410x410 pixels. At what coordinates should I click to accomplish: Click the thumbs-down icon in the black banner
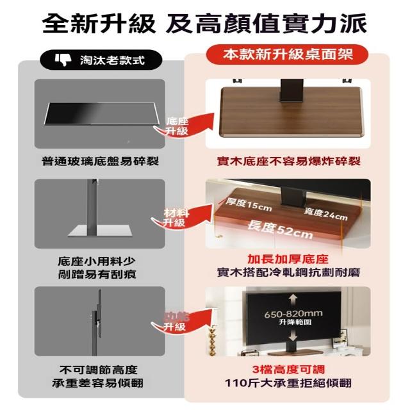63,60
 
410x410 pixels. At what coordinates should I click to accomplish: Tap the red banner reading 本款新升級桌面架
287,54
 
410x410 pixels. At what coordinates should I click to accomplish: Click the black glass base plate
102,113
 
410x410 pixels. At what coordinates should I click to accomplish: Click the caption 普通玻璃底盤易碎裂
100,161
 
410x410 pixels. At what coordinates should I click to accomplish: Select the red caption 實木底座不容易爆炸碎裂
289,161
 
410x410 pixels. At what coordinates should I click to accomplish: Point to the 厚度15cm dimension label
249,205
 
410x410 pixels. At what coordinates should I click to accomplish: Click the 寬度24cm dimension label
325,215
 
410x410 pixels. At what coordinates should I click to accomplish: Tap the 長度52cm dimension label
280,230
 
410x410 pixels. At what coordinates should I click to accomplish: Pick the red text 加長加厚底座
288,259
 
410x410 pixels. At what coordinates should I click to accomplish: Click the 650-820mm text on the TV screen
293,313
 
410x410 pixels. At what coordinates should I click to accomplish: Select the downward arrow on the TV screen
293,334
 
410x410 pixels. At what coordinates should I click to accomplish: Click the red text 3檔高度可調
288,370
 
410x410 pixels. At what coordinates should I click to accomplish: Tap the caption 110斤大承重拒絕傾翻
288,383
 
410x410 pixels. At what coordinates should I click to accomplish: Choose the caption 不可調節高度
98,370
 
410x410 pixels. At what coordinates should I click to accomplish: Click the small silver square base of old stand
100,231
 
